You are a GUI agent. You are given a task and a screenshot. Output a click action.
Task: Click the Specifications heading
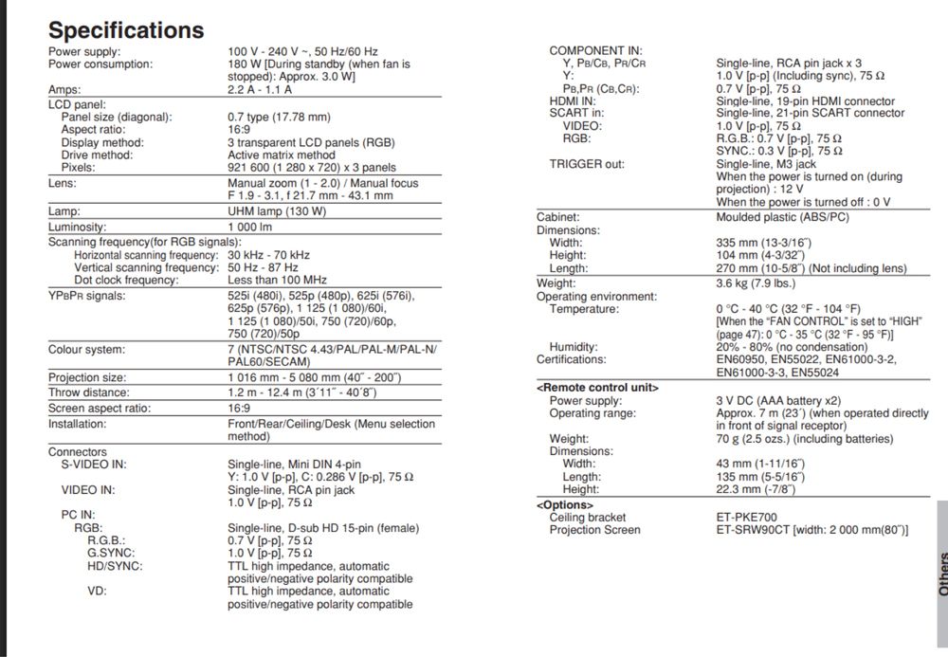pos(126,29)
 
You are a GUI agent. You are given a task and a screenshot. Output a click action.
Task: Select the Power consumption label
pos(100,64)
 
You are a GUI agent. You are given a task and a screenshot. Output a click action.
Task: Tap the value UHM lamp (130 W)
pos(277,211)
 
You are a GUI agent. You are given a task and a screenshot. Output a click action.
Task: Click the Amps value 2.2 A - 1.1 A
pos(259,89)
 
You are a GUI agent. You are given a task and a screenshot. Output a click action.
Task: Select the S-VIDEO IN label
pos(94,465)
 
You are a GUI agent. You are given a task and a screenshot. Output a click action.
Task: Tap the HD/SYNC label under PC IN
pos(115,566)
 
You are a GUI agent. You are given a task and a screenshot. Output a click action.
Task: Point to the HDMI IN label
pos(573,100)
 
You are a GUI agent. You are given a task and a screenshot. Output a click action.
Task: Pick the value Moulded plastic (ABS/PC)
pos(782,216)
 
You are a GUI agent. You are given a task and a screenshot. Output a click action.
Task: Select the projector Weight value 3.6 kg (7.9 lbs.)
pos(756,283)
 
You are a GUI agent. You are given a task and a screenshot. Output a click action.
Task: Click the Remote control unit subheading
pos(597,387)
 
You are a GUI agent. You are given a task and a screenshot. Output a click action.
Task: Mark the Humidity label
pos(573,347)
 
